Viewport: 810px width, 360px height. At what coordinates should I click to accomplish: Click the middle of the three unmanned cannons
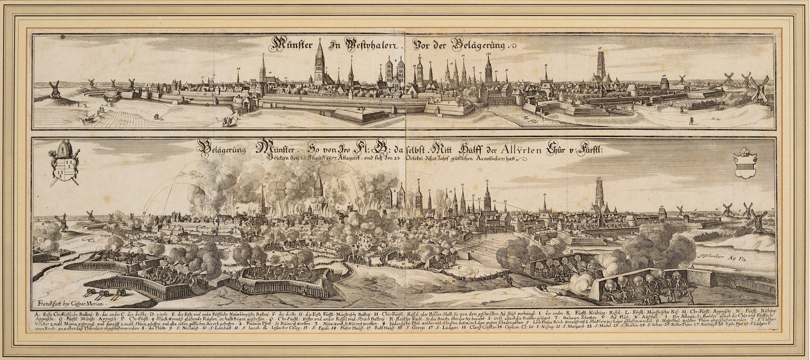tap(104, 294)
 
